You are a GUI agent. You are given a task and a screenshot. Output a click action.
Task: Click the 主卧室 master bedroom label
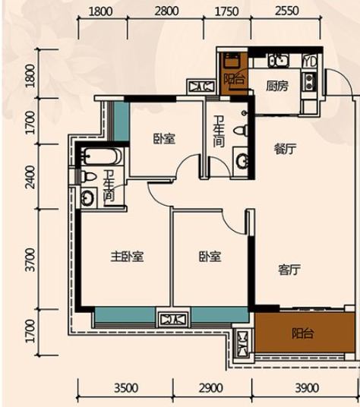pyautogui.click(x=127, y=257)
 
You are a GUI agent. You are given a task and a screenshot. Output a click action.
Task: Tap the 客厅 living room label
pyautogui.click(x=289, y=270)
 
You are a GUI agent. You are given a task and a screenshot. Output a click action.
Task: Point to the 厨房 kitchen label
pyautogui.click(x=277, y=86)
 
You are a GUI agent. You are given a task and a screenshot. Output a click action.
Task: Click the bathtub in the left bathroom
pyautogui.click(x=102, y=156)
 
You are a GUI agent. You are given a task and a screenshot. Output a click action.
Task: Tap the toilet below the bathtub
pyautogui.click(x=89, y=176)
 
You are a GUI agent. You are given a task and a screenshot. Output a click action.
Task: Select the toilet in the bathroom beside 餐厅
pyautogui.click(x=241, y=130)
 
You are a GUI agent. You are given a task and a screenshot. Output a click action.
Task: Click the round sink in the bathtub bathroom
pyautogui.click(x=87, y=198)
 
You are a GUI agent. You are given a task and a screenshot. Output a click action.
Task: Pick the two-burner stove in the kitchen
pyautogui.click(x=309, y=82)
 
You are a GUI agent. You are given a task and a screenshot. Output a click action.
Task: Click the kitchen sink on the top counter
pyautogui.click(x=279, y=61)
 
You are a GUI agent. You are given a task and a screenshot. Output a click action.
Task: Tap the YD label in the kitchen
pyautogui.click(x=310, y=62)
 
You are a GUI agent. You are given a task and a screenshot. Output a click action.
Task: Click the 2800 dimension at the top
pyautogui.click(x=167, y=11)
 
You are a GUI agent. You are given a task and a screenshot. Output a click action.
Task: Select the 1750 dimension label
pyautogui.click(x=227, y=11)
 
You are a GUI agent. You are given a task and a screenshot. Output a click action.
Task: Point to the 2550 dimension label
pyautogui.click(x=287, y=11)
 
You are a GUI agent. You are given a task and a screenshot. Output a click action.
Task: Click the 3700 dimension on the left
pyautogui.click(x=31, y=260)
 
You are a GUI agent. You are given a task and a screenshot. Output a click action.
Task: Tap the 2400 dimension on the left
pyautogui.click(x=31, y=177)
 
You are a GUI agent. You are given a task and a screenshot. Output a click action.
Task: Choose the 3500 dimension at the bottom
pyautogui.click(x=126, y=388)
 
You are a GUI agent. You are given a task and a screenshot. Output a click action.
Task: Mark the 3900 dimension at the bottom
pyautogui.click(x=307, y=388)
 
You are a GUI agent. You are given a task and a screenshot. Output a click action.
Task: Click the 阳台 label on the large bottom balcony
pyautogui.click(x=302, y=333)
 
